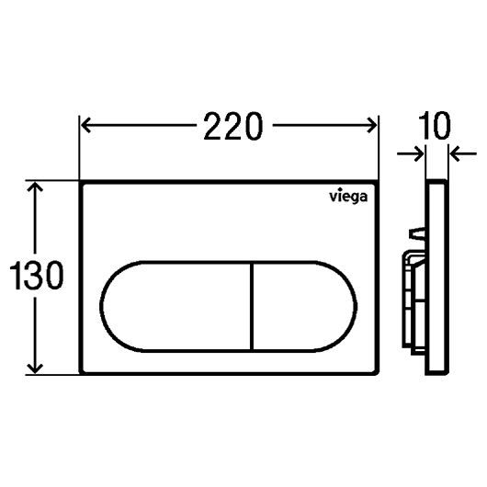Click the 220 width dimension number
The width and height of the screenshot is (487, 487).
233,126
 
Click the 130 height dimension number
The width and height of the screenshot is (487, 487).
37,276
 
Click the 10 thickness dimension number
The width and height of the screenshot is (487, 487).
435,126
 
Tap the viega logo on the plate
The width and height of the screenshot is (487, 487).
348,197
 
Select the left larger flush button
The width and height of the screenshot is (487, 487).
176,307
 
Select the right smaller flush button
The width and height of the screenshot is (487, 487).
304,307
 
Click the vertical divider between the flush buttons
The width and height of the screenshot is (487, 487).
252,307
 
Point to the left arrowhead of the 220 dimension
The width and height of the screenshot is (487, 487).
85,125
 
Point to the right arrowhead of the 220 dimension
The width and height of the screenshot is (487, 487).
372,125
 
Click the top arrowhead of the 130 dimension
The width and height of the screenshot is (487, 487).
35,187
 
